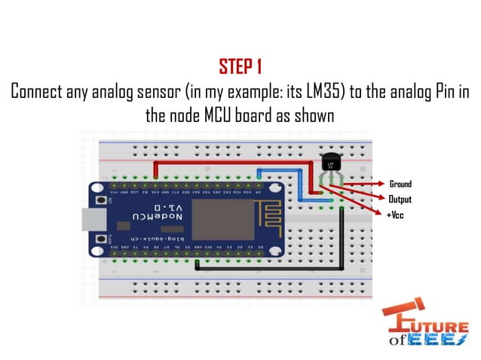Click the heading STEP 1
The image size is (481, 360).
[240, 66]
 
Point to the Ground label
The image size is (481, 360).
[400, 184]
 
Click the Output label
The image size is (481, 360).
[400, 200]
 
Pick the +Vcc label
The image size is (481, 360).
[396, 215]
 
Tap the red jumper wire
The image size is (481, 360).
[226, 161]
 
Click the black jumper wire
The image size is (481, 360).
[342, 241]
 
